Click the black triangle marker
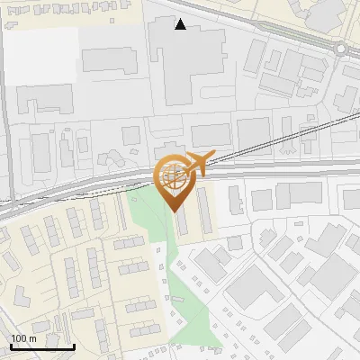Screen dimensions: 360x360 181,24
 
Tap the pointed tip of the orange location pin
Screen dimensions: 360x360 171,211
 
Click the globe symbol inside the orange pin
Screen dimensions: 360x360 171,175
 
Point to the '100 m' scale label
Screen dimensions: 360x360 23,338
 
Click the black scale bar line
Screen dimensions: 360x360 42,346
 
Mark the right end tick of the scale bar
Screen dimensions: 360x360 74,346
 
